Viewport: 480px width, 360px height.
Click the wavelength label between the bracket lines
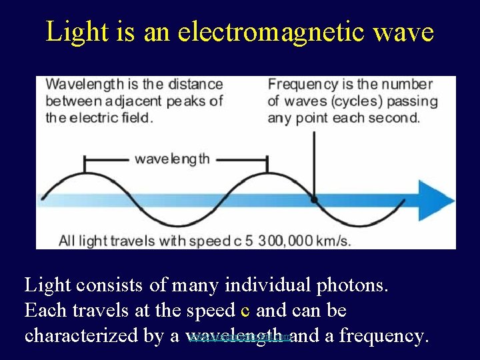click(x=172, y=159)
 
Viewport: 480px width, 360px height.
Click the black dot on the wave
click(x=313, y=199)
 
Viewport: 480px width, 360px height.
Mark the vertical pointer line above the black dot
click(x=313, y=160)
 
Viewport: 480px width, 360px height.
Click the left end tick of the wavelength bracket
click(x=84, y=163)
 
